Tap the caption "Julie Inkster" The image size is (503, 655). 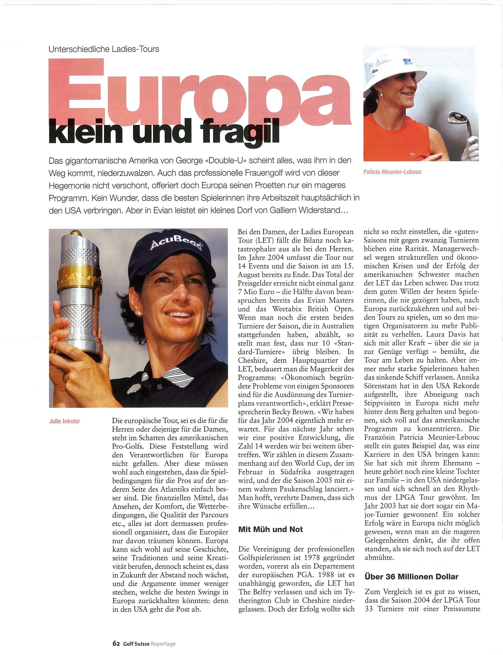tap(64, 421)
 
